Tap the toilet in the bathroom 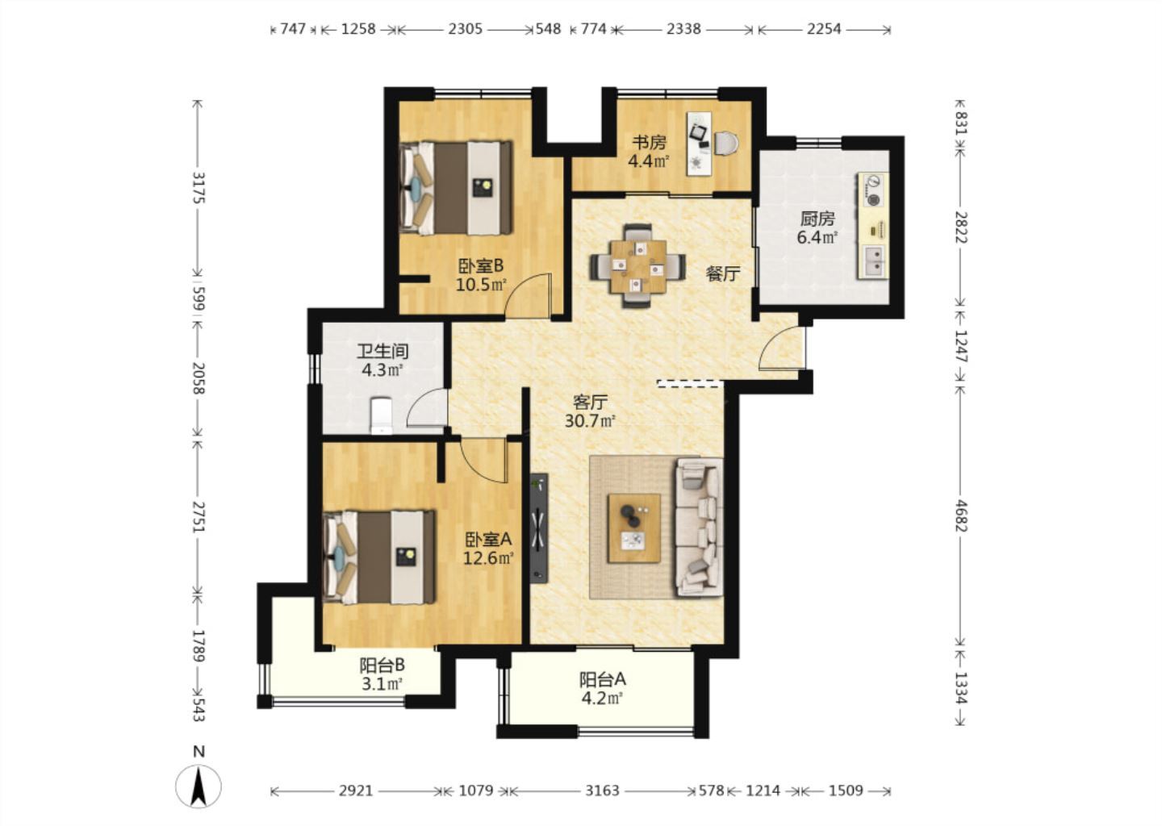(381, 415)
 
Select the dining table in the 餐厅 (638, 266)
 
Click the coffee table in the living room (634, 528)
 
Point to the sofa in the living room (699, 528)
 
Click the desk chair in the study (725, 143)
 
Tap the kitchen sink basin (875, 261)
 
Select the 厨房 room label (817, 219)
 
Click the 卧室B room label (480, 266)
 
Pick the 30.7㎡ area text (590, 421)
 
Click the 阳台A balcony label (603, 679)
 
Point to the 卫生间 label (382, 351)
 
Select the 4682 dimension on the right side (960, 516)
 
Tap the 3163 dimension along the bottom (602, 791)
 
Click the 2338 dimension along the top (683, 29)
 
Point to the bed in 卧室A (378, 557)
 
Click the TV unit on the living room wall (539, 528)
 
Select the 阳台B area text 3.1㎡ (382, 685)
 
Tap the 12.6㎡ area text (488, 558)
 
